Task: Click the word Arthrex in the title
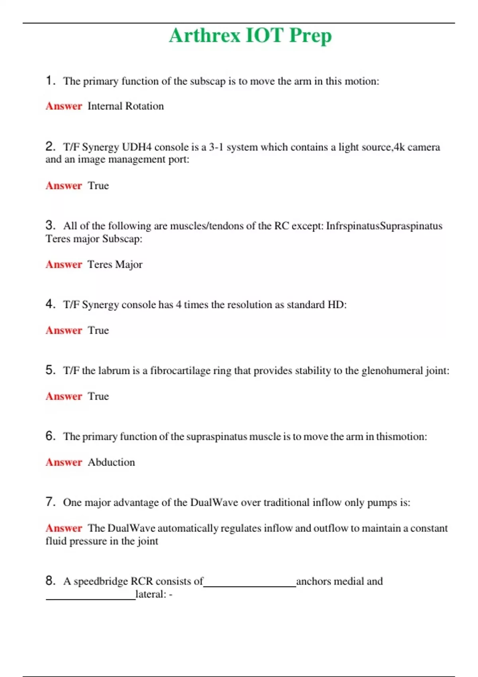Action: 205,35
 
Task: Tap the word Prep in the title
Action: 310,36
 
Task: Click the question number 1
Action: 50,80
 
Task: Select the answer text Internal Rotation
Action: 125,106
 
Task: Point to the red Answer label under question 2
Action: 64,186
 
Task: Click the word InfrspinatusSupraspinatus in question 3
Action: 384,226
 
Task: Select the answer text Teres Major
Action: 115,265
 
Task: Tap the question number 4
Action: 50,304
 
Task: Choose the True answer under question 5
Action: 98,397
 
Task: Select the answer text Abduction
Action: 111,462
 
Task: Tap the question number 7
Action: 50,502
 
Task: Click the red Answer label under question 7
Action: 64,528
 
